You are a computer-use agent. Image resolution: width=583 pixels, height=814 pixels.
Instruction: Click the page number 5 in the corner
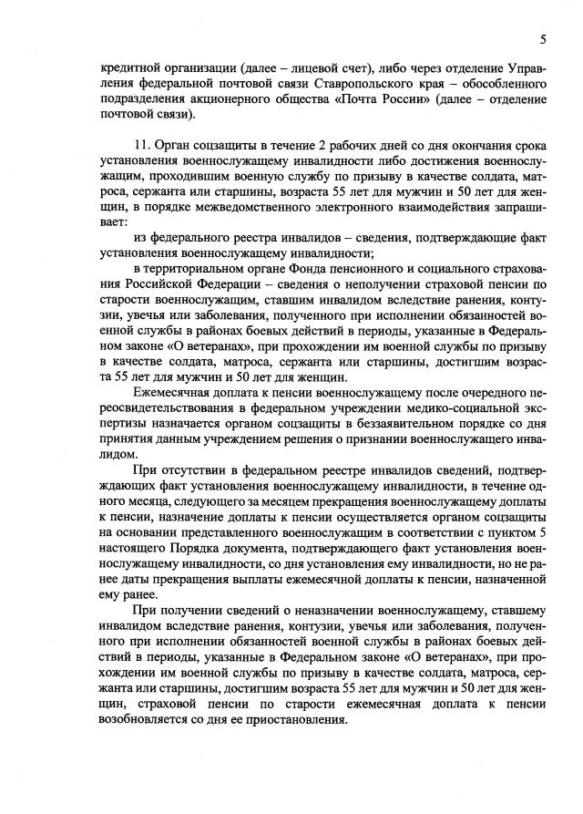pyautogui.click(x=543, y=39)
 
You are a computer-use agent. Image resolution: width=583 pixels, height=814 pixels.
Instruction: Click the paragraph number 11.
pyautogui.click(x=140, y=144)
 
